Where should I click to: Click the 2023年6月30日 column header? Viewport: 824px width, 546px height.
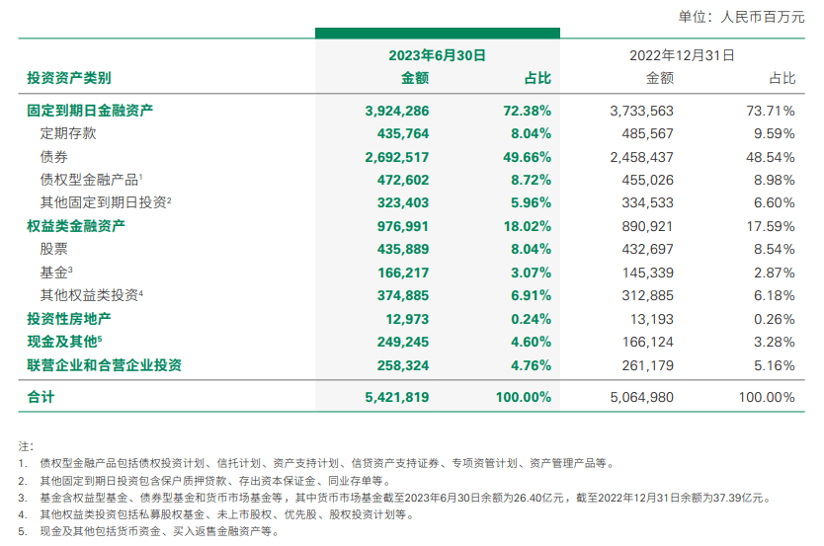[x=437, y=55]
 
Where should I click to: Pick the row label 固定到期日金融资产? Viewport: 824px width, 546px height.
[x=90, y=112]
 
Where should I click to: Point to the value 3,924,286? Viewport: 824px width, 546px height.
[x=397, y=112]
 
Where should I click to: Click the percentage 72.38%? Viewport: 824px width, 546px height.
[x=527, y=112]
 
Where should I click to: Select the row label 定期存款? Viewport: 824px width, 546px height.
[x=68, y=133]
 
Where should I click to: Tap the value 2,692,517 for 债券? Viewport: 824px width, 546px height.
[x=397, y=157]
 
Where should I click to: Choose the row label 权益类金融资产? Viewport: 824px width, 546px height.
[x=83, y=226]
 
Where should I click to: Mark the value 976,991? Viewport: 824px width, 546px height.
[x=403, y=226]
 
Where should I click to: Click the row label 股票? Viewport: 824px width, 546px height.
[x=53, y=249]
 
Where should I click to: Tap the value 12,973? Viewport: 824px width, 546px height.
[x=409, y=319]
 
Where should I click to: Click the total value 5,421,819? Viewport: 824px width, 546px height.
[x=397, y=398]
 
